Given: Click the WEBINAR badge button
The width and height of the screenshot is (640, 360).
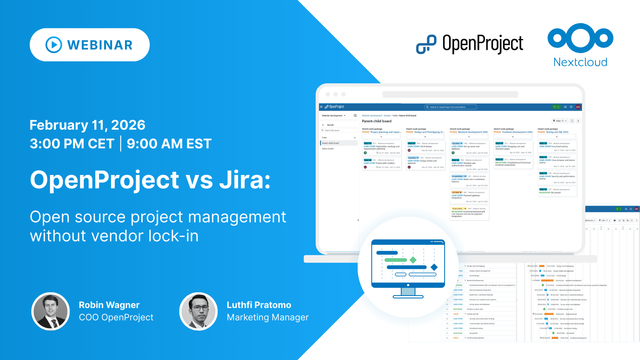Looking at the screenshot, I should pos(89,45).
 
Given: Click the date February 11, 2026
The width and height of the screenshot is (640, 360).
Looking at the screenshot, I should pos(88,125).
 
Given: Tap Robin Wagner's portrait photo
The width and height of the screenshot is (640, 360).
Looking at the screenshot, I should pos(49,311).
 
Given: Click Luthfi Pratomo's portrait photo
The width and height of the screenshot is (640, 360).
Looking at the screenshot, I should pos(198,311).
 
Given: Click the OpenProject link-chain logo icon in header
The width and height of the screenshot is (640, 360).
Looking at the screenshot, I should pos(427,43).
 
